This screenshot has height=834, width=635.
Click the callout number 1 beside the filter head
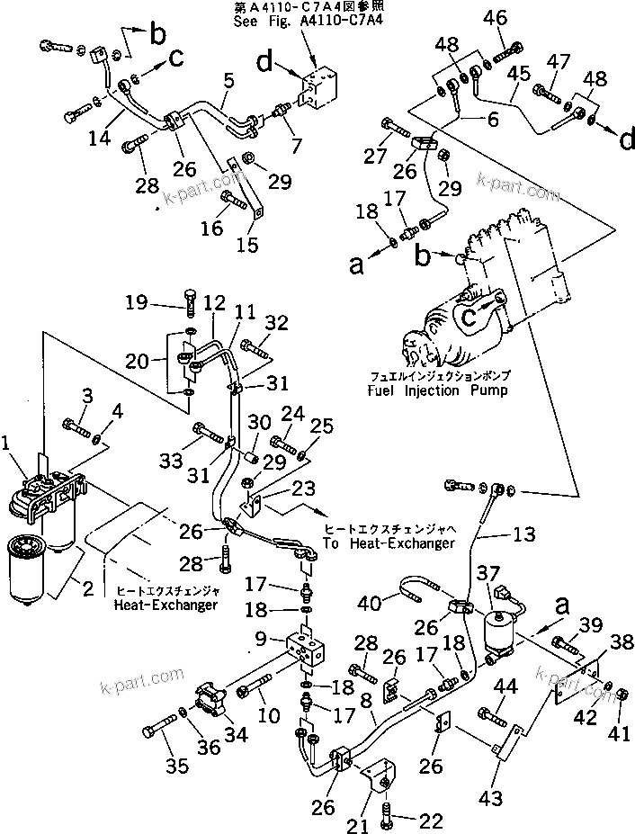[x=7, y=441]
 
